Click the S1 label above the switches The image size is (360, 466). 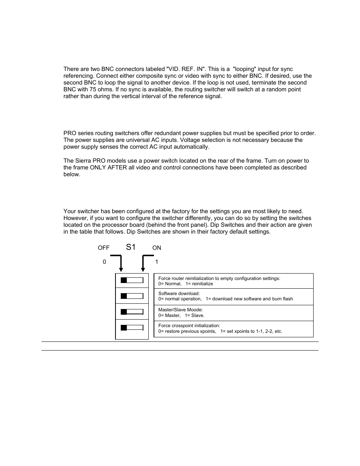point(131,247)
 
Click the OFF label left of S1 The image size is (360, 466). point(103,248)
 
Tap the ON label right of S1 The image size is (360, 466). point(157,248)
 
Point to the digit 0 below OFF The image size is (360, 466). point(105,262)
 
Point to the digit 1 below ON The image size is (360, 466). point(157,262)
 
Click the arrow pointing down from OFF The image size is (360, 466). point(120,264)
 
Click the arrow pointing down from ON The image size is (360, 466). point(143,264)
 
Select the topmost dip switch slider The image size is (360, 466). point(132,280)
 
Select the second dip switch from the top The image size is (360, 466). point(132,296)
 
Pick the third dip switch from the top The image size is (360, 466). point(132,312)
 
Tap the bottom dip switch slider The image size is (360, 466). point(132,328)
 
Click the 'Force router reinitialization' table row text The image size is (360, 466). point(219,278)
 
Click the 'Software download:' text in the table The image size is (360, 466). point(179,294)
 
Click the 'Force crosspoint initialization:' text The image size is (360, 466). point(189,326)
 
